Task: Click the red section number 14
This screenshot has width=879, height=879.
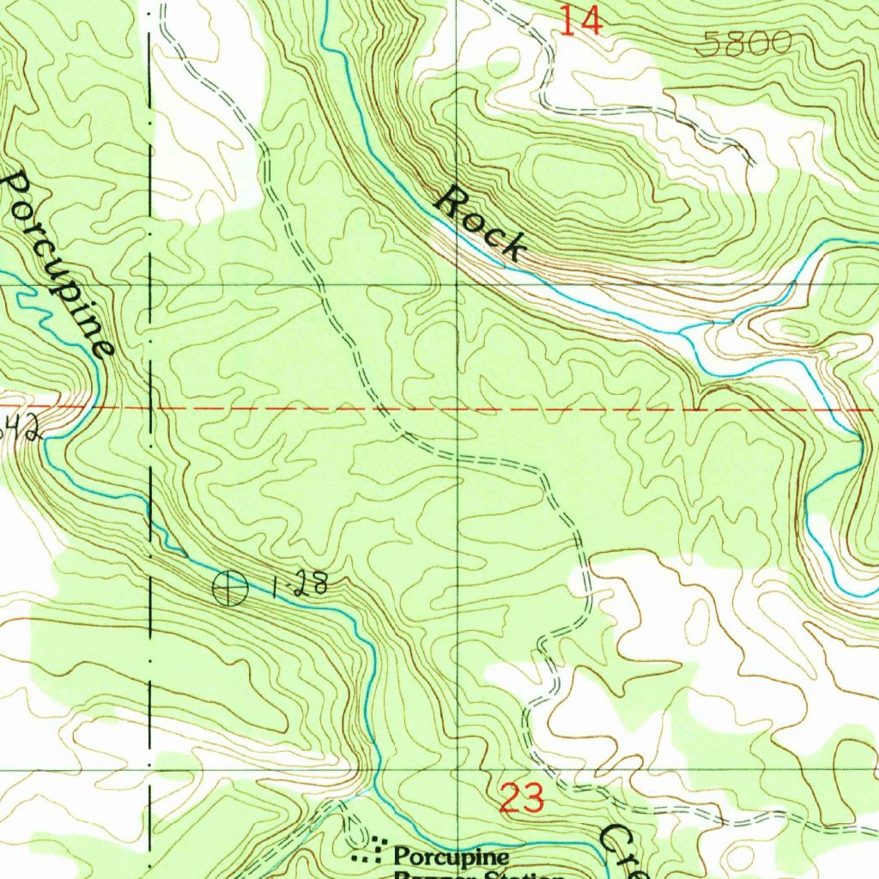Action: pyautogui.click(x=580, y=21)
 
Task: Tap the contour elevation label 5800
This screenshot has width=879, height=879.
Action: pyautogui.click(x=742, y=44)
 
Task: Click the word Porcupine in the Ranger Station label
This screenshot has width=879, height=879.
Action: pyautogui.click(x=451, y=856)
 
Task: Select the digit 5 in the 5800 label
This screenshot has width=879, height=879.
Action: pyautogui.click(x=706, y=45)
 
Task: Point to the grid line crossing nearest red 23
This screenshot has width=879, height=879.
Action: pyautogui.click(x=458, y=770)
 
